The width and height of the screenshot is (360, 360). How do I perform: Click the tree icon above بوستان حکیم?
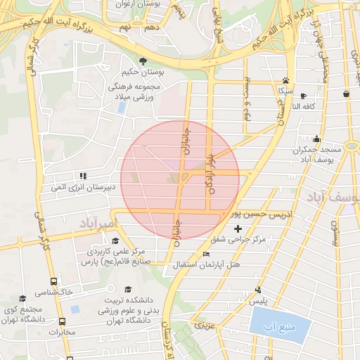[143, 61]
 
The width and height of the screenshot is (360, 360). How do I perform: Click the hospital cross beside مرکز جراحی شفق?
[238, 229]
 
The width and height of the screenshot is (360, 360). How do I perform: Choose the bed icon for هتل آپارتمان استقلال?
[206, 254]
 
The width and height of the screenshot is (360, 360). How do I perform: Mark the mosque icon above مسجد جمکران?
[316, 139]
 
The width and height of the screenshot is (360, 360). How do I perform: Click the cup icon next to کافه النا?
[303, 96]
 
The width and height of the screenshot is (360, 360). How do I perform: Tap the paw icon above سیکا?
[285, 80]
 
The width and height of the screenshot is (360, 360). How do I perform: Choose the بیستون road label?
[335, 231]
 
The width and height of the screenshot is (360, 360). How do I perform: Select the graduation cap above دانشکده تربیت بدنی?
[127, 290]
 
